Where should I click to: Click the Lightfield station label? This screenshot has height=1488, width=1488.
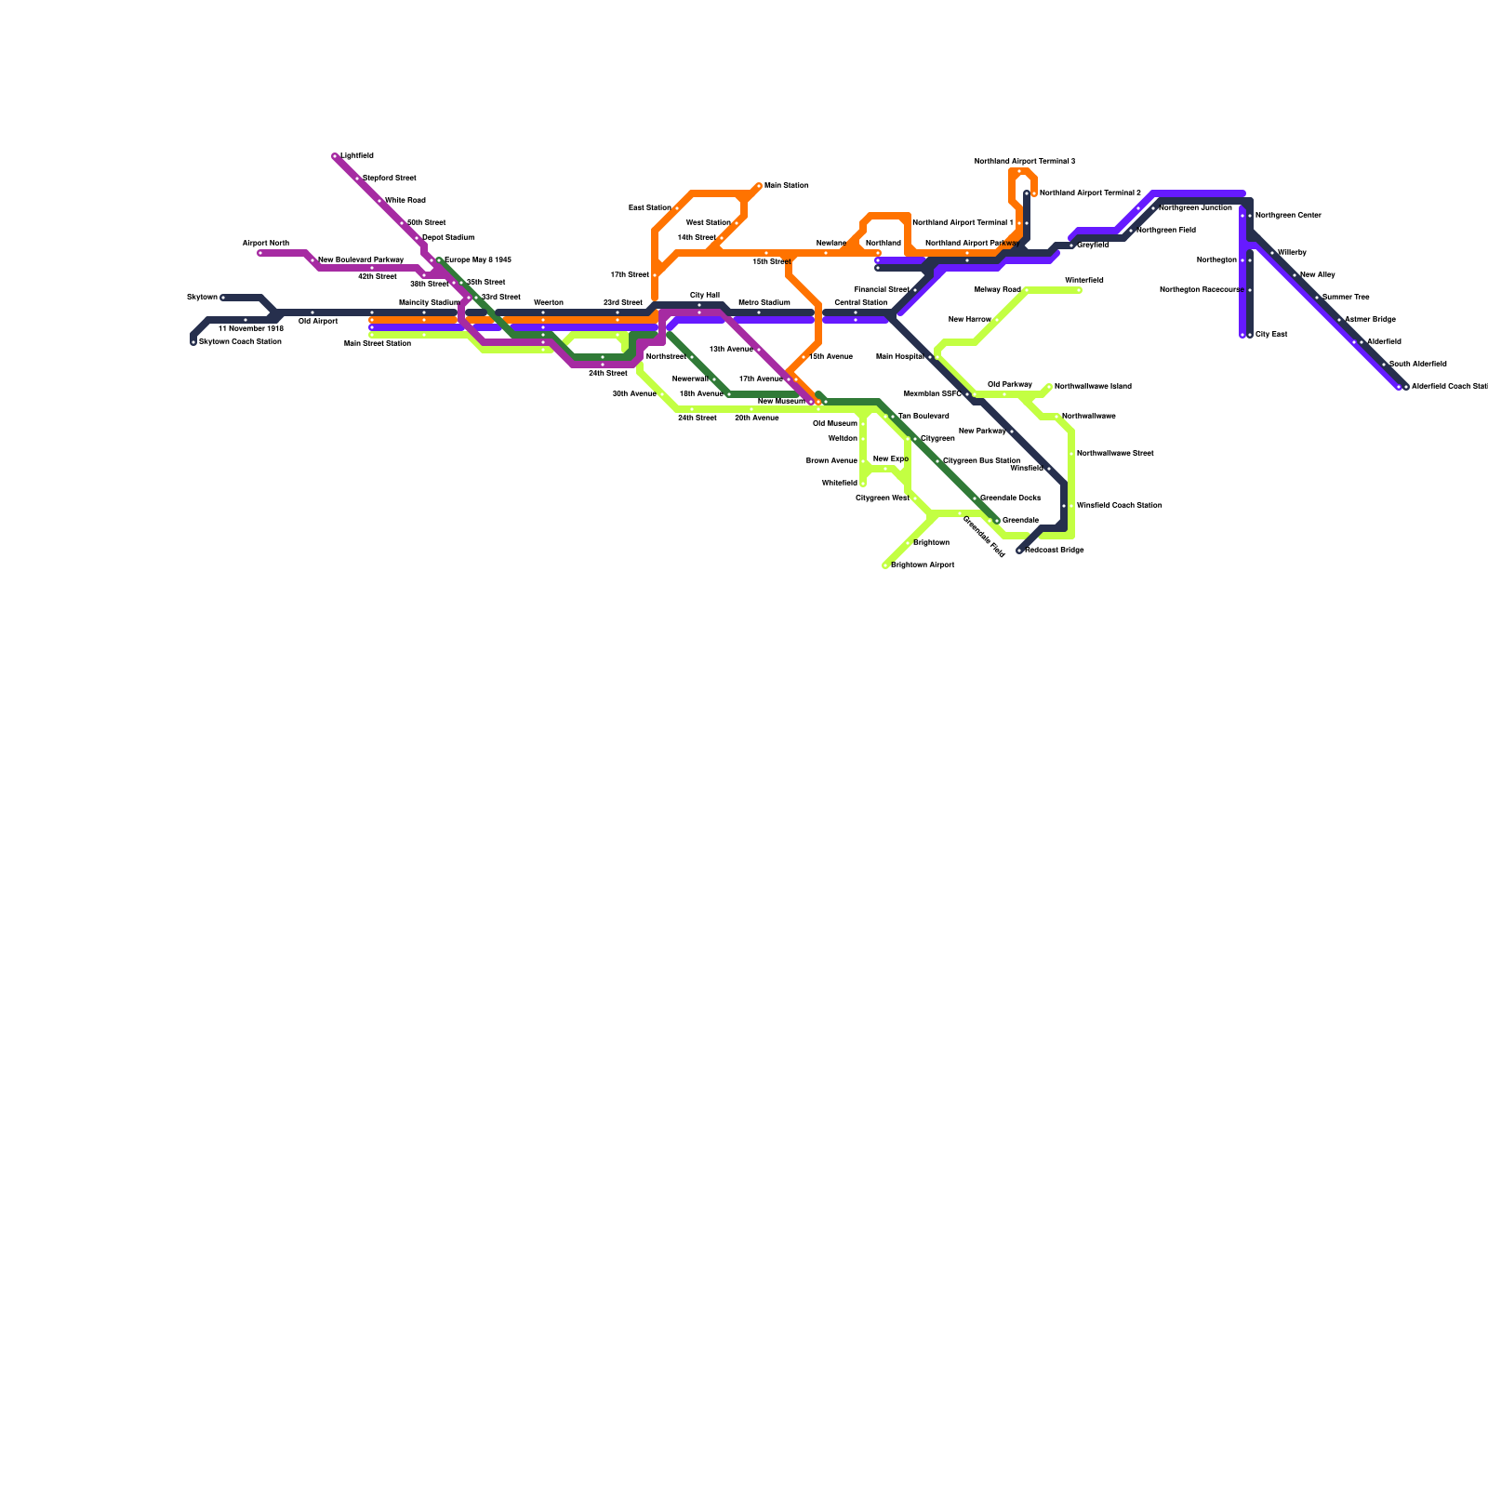(x=357, y=156)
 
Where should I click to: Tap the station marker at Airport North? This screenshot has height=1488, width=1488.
(x=260, y=253)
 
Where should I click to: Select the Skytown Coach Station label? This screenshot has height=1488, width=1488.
(x=240, y=342)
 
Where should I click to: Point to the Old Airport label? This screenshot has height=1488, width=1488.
(x=318, y=322)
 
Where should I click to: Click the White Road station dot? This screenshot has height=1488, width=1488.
(x=379, y=201)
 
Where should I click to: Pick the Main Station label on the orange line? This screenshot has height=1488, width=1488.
(x=787, y=186)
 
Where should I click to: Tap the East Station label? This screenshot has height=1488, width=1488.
(x=650, y=207)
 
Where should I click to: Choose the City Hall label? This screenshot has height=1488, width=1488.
(x=705, y=295)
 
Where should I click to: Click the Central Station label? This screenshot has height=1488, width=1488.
(x=861, y=302)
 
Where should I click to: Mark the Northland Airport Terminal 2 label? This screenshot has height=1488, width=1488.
(x=1090, y=193)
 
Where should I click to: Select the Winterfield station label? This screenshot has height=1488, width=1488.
(x=1084, y=280)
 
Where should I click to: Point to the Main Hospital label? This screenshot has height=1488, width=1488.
(x=900, y=357)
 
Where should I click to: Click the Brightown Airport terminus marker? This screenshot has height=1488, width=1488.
(x=885, y=565)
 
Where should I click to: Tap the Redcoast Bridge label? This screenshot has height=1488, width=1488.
(x=1055, y=551)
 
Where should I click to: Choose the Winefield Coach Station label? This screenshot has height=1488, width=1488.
(x=1119, y=506)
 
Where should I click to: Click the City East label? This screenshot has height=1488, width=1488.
(x=1271, y=335)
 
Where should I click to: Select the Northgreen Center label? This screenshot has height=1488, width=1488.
(x=1288, y=216)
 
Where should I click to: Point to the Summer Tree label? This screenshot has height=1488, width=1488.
(x=1346, y=298)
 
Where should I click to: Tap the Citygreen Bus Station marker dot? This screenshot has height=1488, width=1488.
(x=937, y=461)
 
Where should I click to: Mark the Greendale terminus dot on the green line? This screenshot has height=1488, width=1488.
(x=997, y=521)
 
